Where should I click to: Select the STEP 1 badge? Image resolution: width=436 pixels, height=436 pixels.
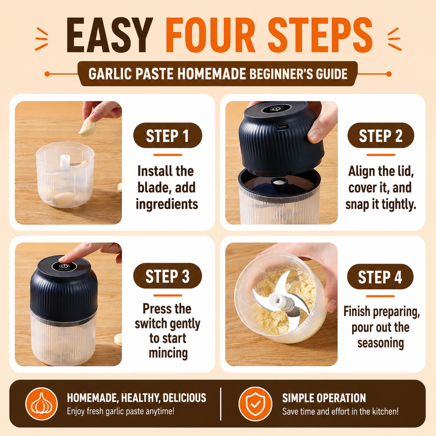(x=168, y=136)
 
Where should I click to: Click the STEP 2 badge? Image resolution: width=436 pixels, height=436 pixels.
(x=381, y=136)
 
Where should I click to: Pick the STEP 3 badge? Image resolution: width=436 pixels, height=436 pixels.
(x=168, y=276)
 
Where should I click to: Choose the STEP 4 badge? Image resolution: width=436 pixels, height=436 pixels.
(x=380, y=276)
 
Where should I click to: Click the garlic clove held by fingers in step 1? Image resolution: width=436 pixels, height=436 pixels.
(x=87, y=128)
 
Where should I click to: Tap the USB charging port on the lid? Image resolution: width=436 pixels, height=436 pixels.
(x=282, y=126)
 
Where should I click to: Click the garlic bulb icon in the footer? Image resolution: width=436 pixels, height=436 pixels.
(x=41, y=404)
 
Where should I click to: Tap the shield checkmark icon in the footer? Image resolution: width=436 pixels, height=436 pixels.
(x=255, y=404)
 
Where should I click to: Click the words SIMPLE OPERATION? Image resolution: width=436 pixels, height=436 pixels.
(x=324, y=398)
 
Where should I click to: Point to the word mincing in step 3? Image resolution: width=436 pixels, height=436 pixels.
(x=168, y=353)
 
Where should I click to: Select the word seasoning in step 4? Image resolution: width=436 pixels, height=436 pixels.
(x=381, y=343)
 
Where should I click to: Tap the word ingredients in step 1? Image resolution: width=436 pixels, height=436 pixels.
(x=167, y=204)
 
